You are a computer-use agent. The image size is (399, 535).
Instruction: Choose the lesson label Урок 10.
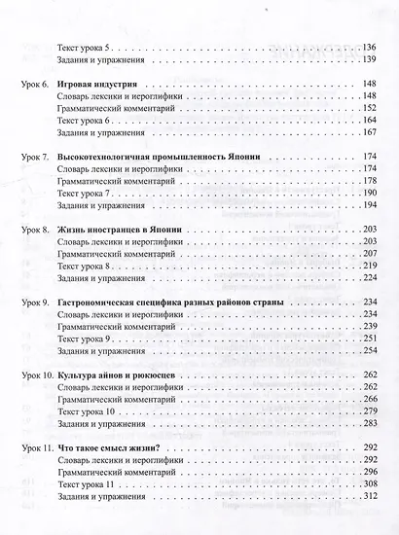(x=39, y=374)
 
